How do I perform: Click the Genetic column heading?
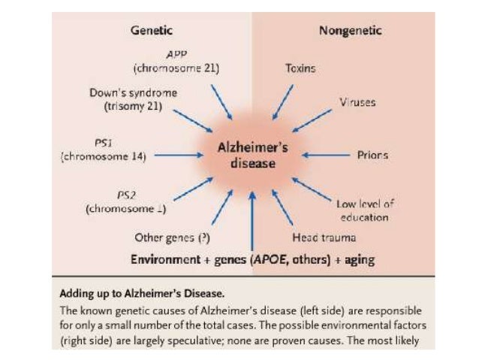(152, 31)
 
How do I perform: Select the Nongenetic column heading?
(350, 31)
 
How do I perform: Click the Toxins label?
(300, 68)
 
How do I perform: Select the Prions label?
(372, 156)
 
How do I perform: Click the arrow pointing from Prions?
(327, 156)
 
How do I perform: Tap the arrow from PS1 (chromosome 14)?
(178, 156)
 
